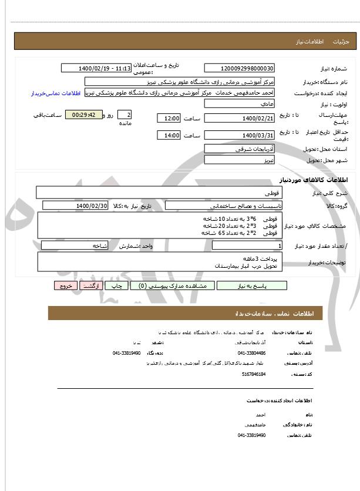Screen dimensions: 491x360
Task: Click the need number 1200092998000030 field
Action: [x=239, y=69]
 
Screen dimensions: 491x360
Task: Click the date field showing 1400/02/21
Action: [x=239, y=118]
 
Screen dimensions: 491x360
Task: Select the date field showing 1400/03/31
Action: [x=239, y=136]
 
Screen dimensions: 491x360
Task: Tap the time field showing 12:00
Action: [x=169, y=118]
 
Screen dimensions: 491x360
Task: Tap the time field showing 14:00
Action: [x=169, y=136]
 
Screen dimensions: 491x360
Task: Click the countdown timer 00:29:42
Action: [x=83, y=115]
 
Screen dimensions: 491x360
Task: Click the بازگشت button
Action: [x=88, y=285]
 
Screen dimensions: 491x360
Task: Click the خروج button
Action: [x=65, y=285]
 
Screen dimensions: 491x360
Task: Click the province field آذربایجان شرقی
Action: [x=239, y=149]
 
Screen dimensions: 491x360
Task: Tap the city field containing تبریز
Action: [x=239, y=160]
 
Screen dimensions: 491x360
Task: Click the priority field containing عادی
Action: [x=239, y=103]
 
